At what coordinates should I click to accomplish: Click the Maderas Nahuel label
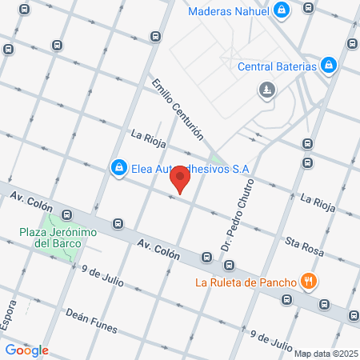pyautogui.click(x=228, y=11)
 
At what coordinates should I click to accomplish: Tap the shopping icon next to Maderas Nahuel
pyautogui.click(x=282, y=10)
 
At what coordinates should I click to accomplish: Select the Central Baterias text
pyautogui.click(x=277, y=66)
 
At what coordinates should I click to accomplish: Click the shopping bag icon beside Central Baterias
pyautogui.click(x=329, y=65)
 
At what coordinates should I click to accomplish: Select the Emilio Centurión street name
pyautogui.click(x=177, y=110)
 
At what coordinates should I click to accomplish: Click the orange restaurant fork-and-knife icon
pyautogui.click(x=308, y=281)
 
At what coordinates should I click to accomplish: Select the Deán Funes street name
pyautogui.click(x=91, y=321)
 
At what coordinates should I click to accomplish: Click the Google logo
pyautogui.click(x=26, y=350)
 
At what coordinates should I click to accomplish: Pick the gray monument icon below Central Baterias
pyautogui.click(x=266, y=92)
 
